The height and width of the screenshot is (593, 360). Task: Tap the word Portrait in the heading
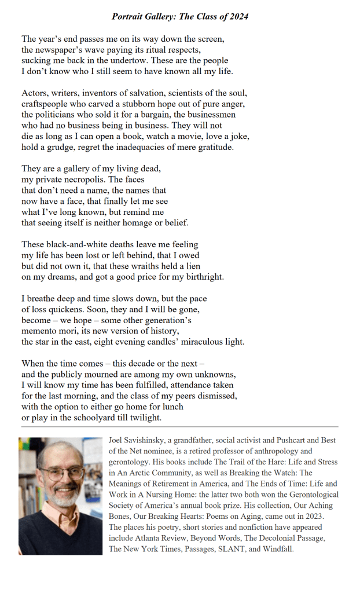[128, 16]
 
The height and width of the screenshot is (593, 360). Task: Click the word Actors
[35, 93]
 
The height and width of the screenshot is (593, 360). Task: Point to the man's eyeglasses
[61, 473]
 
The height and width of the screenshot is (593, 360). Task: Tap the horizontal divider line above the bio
[179, 427]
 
